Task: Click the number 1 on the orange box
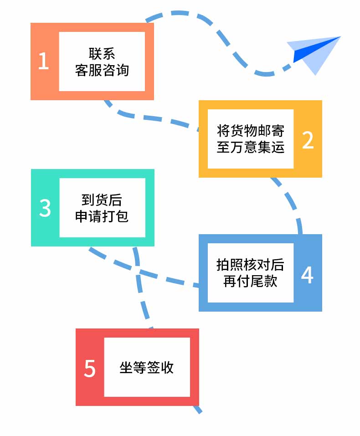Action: (x=43, y=61)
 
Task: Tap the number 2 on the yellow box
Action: (x=308, y=140)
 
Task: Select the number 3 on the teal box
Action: (x=45, y=208)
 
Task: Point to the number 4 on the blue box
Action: (x=307, y=275)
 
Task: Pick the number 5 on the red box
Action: (x=90, y=369)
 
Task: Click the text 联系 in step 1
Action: (x=102, y=53)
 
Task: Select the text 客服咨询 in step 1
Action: (x=102, y=70)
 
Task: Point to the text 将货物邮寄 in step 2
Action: (x=250, y=131)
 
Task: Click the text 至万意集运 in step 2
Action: (x=250, y=147)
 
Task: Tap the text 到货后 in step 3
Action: (x=102, y=200)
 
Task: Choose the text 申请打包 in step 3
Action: (x=102, y=216)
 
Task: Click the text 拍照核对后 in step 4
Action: (x=250, y=264)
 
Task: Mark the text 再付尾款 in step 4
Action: (x=250, y=281)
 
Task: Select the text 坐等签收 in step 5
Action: (x=147, y=368)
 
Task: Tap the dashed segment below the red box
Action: (x=197, y=410)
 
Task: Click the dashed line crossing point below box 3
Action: (x=137, y=268)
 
